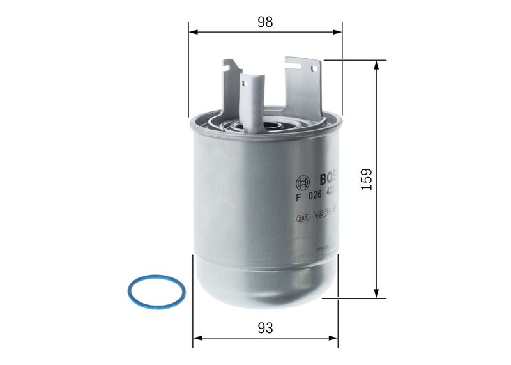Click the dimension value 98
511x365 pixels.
click(x=265, y=22)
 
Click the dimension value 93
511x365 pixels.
click(x=266, y=328)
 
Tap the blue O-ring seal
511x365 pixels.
click(x=156, y=291)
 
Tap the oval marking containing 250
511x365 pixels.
click(x=303, y=218)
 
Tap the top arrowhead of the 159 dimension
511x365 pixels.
click(x=379, y=65)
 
